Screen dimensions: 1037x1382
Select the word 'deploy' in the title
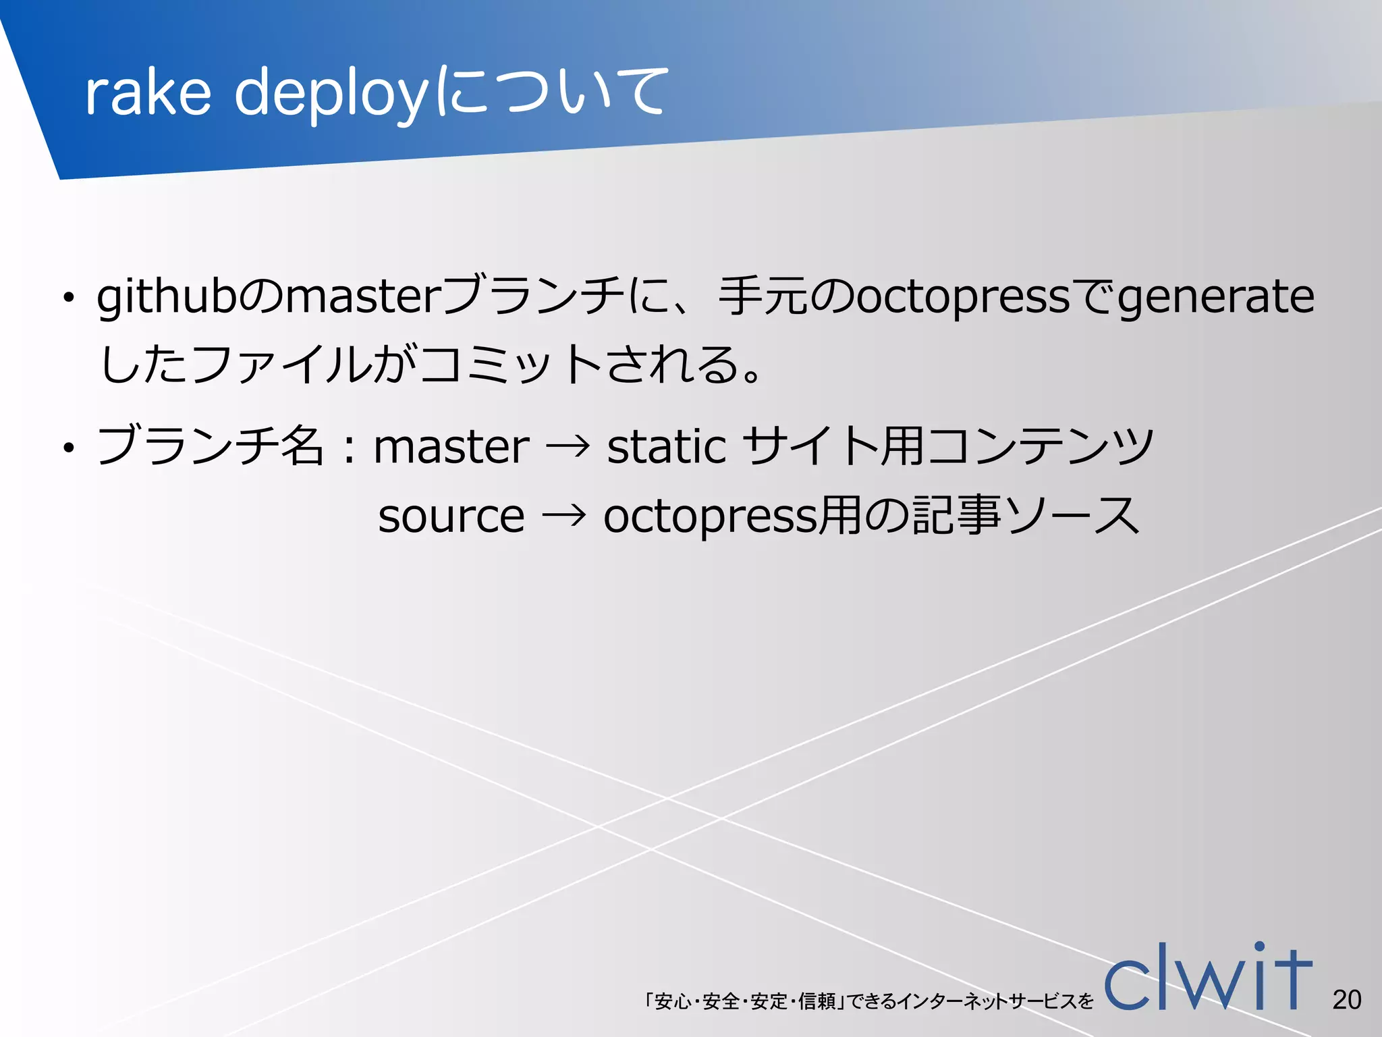click(x=331, y=95)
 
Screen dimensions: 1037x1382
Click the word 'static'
click(x=666, y=447)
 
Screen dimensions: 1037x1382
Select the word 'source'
click(x=451, y=516)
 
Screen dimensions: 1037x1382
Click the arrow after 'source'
click(x=563, y=517)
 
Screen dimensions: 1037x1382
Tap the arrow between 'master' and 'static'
click(x=568, y=447)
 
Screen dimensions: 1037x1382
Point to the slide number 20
click(x=1346, y=1000)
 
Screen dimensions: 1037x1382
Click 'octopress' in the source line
click(x=709, y=516)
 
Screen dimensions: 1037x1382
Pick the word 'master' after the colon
click(x=451, y=447)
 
